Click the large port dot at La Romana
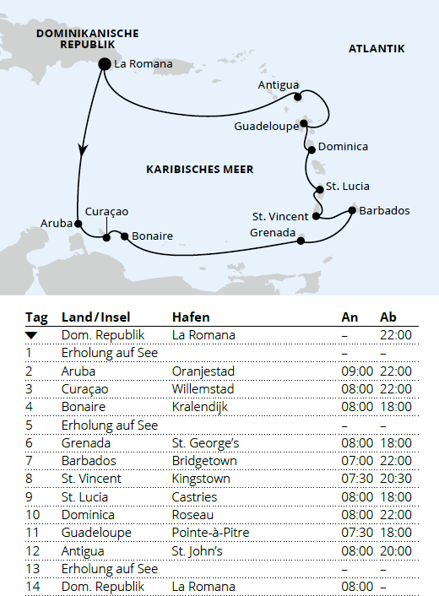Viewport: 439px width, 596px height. tap(105, 63)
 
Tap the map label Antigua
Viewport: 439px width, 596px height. tap(279, 84)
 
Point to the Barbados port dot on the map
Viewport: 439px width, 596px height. tap(351, 209)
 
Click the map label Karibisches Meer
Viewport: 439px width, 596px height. tap(199, 169)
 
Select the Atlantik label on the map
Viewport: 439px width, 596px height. tap(377, 49)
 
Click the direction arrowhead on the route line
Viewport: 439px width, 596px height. tap(82, 149)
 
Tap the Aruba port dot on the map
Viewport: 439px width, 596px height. tap(78, 224)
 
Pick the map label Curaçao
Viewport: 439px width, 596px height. tap(106, 211)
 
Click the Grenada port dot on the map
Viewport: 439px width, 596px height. tap(301, 241)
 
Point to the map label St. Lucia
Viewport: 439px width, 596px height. tap(348, 187)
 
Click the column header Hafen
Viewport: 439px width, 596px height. tap(191, 317)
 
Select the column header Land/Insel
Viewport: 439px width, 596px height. tap(95, 317)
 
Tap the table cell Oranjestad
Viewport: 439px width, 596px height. tap(202, 371)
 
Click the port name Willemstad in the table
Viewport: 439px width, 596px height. tap(203, 389)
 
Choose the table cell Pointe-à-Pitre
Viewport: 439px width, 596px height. tap(210, 533)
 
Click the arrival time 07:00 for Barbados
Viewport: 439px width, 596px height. tap(355, 461)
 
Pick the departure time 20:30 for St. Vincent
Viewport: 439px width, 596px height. tap(395, 479)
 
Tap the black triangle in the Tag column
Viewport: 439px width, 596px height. tap(32, 336)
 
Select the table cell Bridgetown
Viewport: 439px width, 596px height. tap(204, 461)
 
